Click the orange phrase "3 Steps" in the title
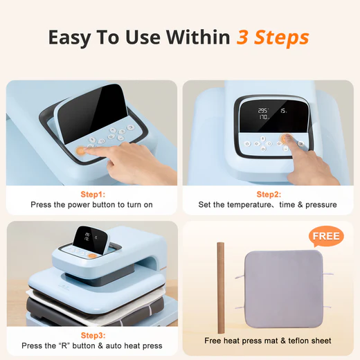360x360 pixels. coord(273,37)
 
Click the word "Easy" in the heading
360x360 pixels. coord(71,37)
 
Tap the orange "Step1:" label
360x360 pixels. coord(91,195)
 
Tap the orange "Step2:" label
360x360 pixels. coord(269,195)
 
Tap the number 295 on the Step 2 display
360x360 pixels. coord(263,110)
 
